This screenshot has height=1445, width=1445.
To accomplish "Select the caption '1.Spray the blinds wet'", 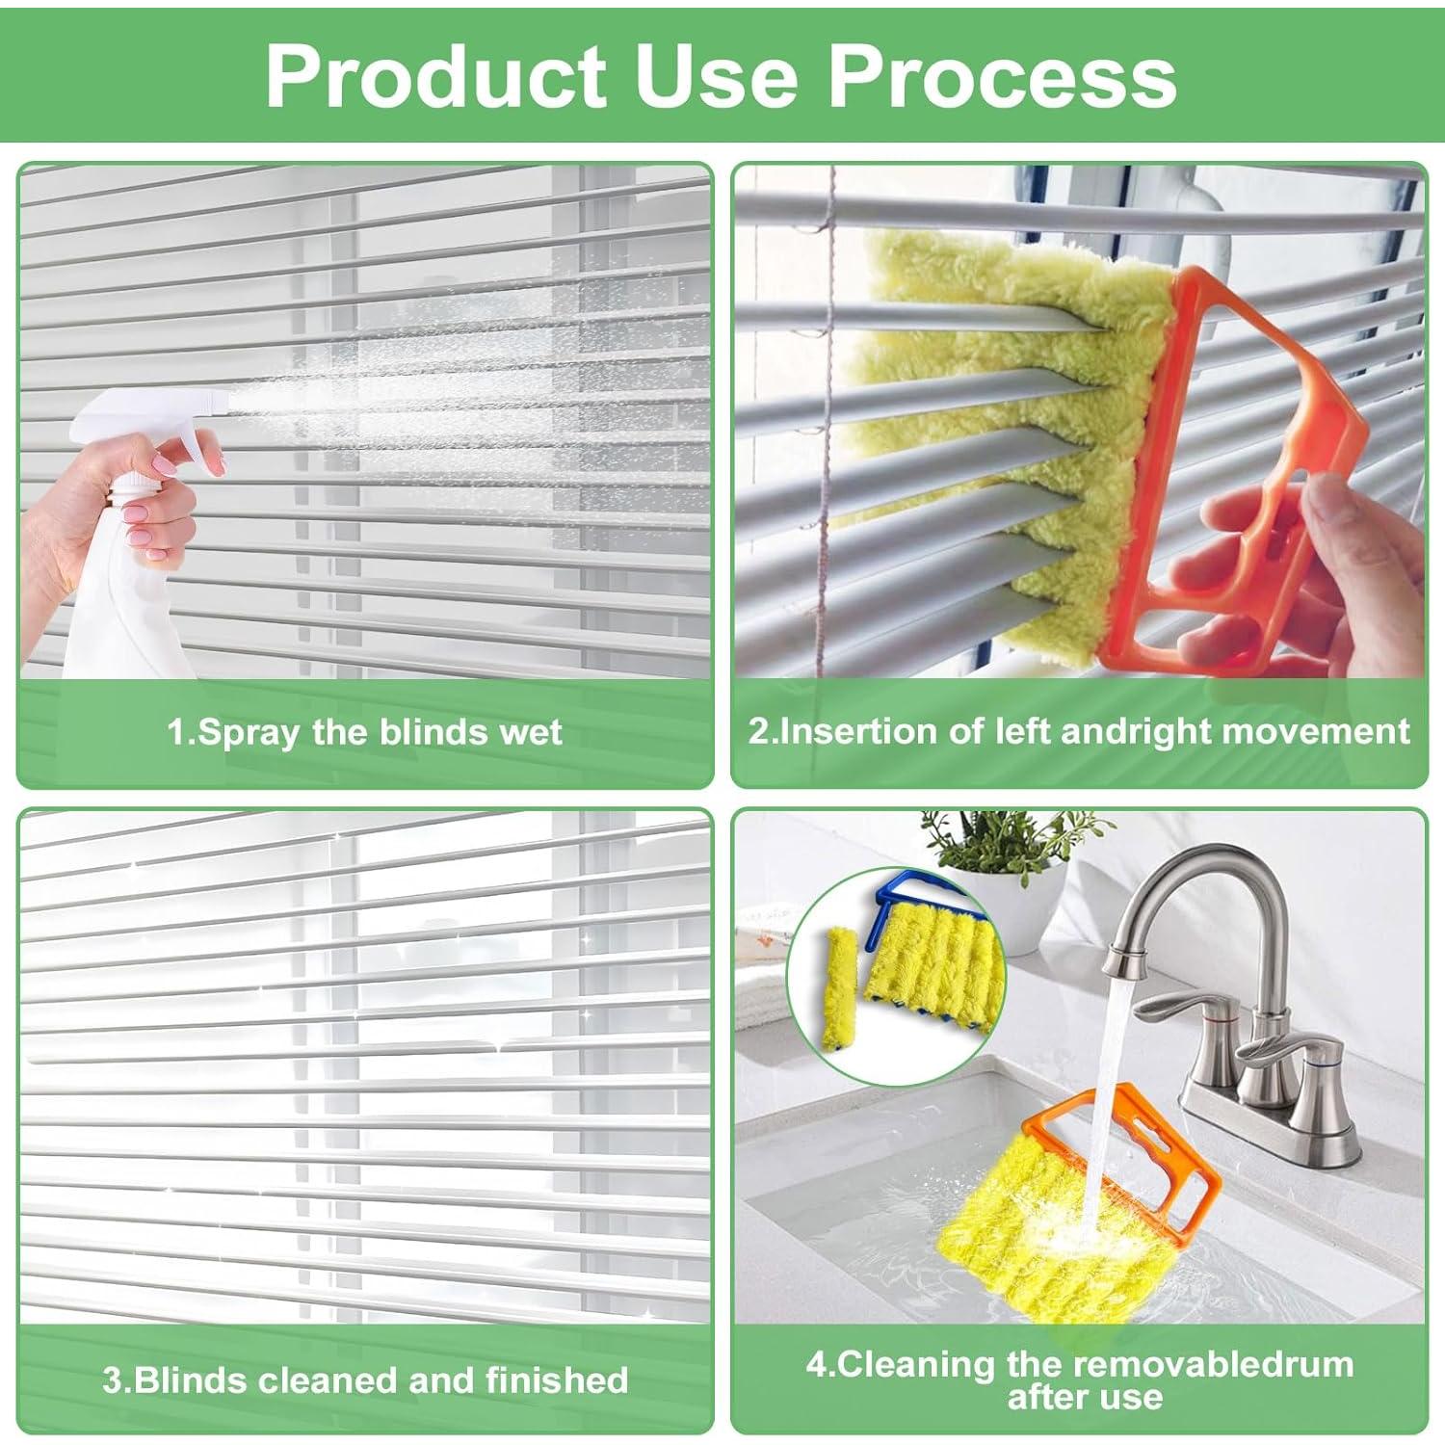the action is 364,732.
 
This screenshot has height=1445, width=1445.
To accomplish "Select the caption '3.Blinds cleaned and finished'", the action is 365,1379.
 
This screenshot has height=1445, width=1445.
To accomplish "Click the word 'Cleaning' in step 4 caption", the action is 917,1364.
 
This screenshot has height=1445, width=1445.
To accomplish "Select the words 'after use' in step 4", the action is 1085,1397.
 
